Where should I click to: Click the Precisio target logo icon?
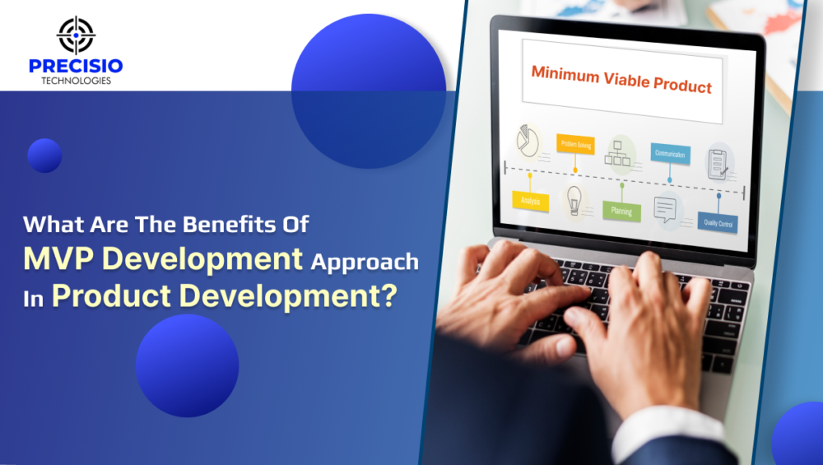[x=76, y=35]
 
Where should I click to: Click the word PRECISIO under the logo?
[x=76, y=66]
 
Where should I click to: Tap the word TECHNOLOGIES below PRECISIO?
[x=76, y=81]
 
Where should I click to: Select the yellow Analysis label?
[x=530, y=200]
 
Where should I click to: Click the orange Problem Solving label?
[x=575, y=144]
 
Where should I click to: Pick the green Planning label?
[x=621, y=211]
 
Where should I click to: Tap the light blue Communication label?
[x=670, y=153]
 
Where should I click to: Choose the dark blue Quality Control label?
[x=718, y=222]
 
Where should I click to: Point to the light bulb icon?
[x=574, y=200]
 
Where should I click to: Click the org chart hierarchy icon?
[x=621, y=151]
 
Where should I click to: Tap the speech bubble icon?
[x=667, y=211]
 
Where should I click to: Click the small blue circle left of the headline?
[x=44, y=156]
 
